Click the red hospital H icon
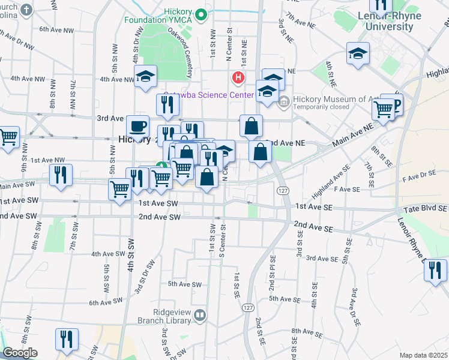tap(238, 77)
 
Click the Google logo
tap(20, 353)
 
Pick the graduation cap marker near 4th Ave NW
tap(145, 77)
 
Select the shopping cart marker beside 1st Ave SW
tap(119, 190)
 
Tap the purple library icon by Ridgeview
tap(199, 314)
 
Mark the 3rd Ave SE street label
tap(321, 259)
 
